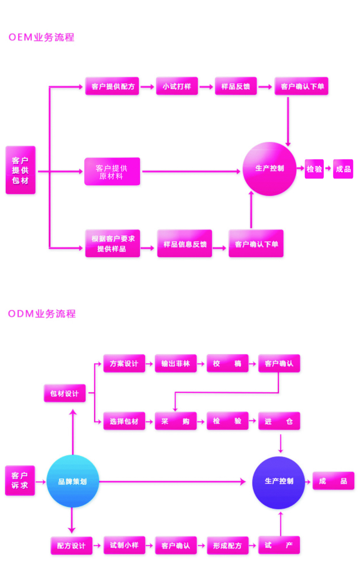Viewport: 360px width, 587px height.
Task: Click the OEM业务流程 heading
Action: click(x=41, y=37)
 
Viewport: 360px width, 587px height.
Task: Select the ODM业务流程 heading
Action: click(x=42, y=314)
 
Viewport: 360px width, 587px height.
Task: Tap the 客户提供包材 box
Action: click(x=20, y=170)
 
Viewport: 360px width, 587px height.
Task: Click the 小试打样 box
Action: click(x=177, y=86)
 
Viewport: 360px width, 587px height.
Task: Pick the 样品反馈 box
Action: click(x=236, y=86)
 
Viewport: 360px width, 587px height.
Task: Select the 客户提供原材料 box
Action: click(x=112, y=172)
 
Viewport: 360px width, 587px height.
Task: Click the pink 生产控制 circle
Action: click(x=269, y=168)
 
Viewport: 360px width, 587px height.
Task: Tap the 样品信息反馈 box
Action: click(x=185, y=244)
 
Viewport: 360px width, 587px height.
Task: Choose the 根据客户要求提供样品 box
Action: click(x=112, y=244)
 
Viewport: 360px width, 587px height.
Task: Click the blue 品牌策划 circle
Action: click(x=73, y=481)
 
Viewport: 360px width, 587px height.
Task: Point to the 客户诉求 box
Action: click(x=20, y=480)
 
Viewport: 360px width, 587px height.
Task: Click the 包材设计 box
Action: click(x=65, y=393)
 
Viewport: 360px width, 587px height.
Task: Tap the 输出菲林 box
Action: click(x=176, y=363)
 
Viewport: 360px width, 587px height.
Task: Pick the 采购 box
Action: click(x=176, y=421)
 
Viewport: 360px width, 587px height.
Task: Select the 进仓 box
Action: click(x=279, y=421)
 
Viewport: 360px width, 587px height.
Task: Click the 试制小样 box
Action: click(x=124, y=545)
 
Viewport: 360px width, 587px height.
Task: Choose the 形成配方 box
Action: click(x=228, y=545)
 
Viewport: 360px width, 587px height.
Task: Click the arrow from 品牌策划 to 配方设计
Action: click(x=72, y=520)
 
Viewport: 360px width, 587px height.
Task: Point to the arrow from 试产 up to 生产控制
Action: click(x=280, y=523)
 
